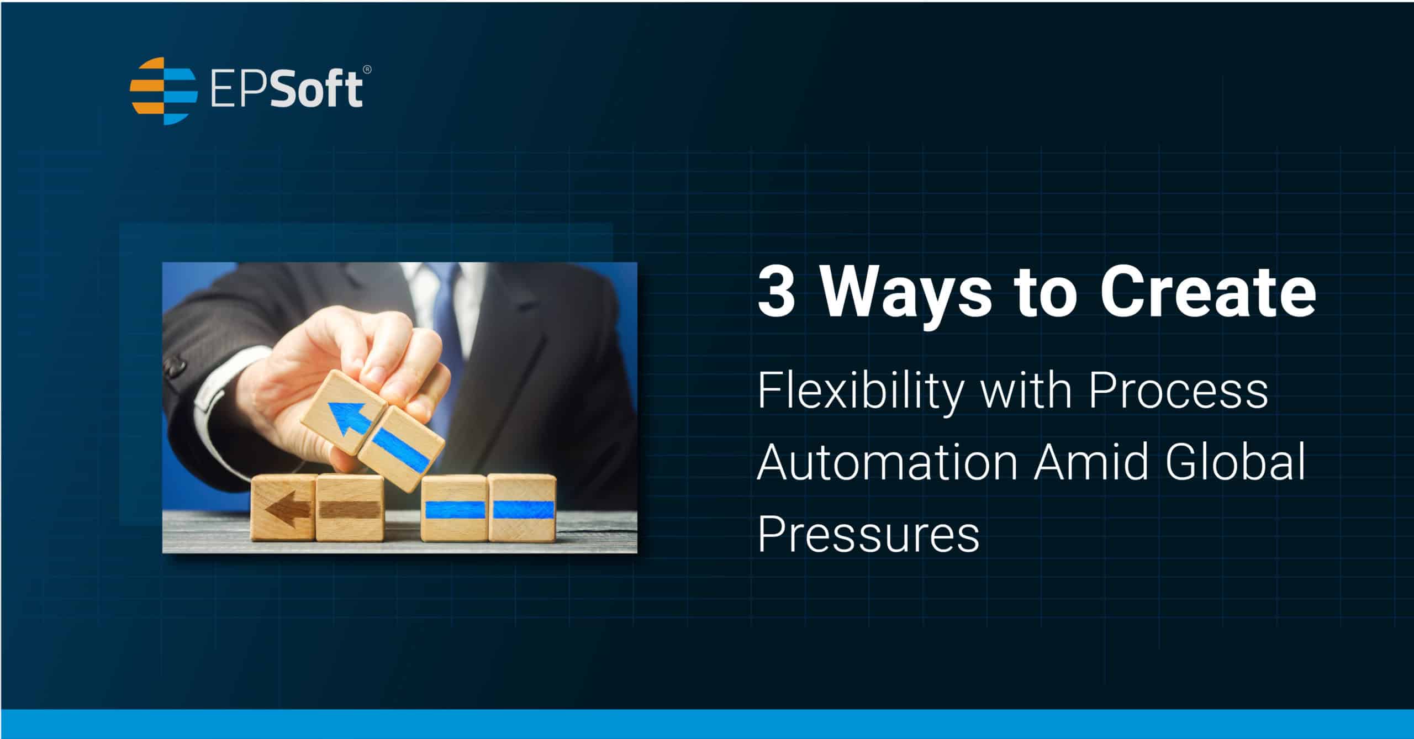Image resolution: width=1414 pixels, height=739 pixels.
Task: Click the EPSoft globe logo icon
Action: click(163, 91)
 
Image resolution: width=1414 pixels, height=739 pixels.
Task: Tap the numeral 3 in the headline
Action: click(775, 292)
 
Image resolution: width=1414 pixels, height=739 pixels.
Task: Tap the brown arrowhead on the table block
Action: click(280, 511)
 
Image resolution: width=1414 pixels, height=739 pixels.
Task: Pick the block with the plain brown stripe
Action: click(350, 508)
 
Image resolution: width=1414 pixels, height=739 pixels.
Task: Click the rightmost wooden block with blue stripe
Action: click(523, 508)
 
